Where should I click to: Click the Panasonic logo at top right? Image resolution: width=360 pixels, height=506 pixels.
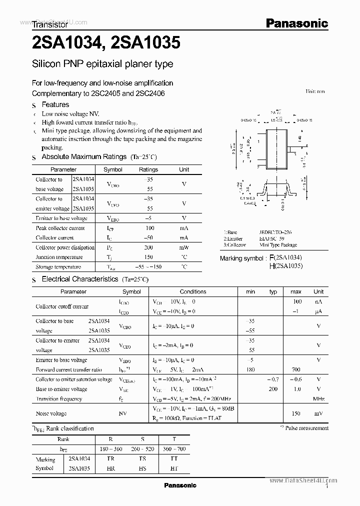296,22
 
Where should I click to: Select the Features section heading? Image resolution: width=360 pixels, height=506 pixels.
55,104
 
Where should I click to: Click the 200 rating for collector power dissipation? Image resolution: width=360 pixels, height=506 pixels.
148,247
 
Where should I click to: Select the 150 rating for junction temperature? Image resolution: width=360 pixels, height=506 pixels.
148,257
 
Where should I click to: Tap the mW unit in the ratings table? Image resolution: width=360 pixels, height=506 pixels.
184,247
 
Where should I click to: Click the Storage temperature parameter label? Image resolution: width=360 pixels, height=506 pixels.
58,267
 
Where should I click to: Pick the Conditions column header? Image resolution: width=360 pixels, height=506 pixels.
193,291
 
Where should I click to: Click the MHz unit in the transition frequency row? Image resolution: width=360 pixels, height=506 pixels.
318,399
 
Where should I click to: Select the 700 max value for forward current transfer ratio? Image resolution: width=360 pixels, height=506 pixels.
295,369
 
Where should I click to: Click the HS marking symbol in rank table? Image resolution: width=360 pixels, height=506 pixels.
142,469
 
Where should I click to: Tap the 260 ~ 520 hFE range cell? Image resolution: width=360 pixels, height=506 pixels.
142,449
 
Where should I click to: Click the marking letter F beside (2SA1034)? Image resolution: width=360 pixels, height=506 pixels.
272,258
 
